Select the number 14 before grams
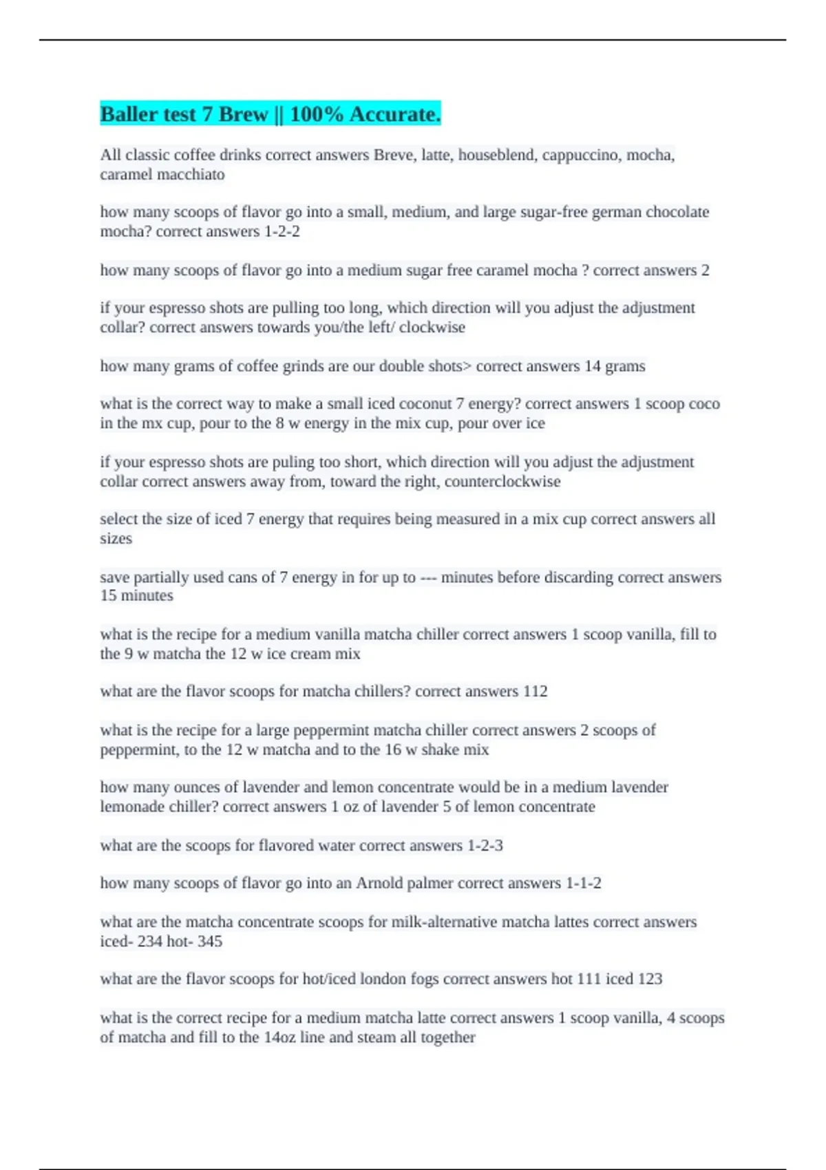(x=593, y=366)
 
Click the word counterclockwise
(x=502, y=482)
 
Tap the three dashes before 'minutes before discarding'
(x=428, y=577)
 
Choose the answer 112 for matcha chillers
(x=536, y=692)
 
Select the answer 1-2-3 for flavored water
(x=485, y=845)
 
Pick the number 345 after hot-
(x=210, y=942)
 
